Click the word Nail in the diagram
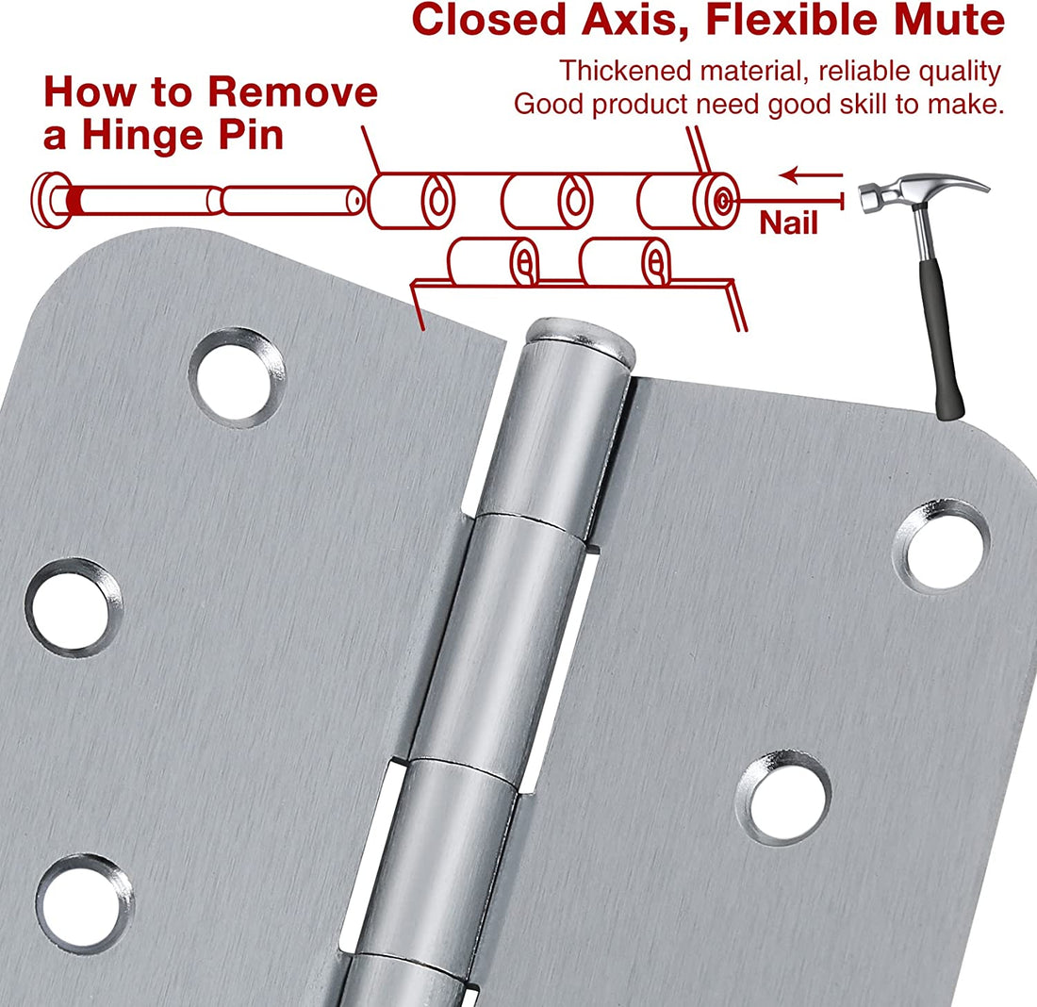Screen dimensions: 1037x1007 point(788,223)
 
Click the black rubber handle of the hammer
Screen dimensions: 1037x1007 point(941,338)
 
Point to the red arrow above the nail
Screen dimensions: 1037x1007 point(811,175)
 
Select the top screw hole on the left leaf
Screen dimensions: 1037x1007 point(237,377)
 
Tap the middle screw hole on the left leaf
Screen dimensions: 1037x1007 point(74,606)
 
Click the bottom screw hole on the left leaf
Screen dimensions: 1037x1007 point(84,903)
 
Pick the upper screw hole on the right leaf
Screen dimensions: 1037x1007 point(942,547)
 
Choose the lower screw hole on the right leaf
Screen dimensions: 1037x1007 point(783,798)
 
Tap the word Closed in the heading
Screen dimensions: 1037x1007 point(489,20)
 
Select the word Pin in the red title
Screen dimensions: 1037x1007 point(252,136)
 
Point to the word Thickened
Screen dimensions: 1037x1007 point(625,71)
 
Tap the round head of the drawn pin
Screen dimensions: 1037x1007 point(52,200)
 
